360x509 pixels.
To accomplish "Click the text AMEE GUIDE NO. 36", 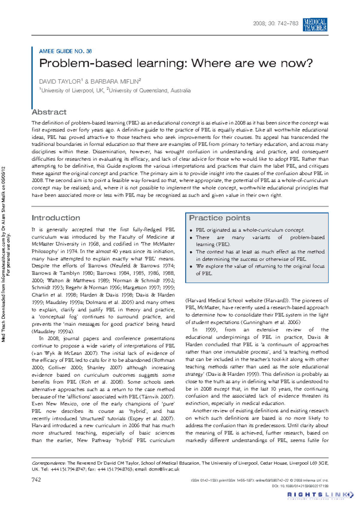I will click(65, 51).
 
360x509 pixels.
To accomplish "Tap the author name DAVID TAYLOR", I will click(60, 82).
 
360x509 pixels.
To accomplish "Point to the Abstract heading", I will click(49, 112).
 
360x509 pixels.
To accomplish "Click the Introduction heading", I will click(56, 218).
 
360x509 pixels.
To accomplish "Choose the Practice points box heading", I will click(220, 218).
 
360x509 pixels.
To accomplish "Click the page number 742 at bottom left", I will click(36, 480).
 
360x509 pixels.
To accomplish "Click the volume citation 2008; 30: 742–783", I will click(276, 23).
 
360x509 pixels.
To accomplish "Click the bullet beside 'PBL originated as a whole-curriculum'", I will click(191, 231).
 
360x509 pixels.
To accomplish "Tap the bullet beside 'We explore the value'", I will click(191, 266).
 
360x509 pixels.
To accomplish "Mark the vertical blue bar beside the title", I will click(32, 78).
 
